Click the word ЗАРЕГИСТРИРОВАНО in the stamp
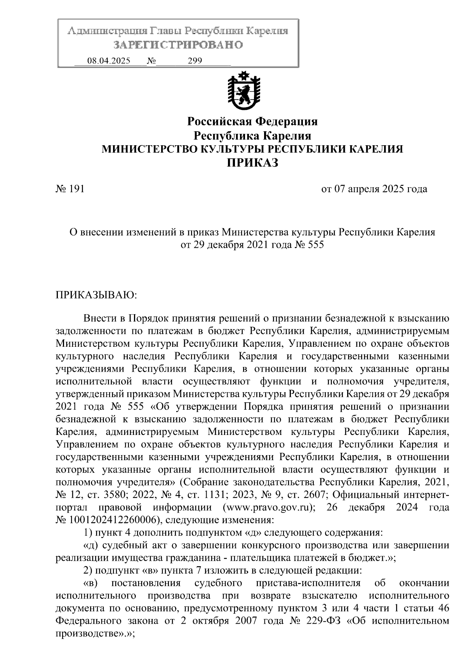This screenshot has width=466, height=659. (178, 45)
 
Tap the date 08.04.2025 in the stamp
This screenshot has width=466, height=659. (109, 61)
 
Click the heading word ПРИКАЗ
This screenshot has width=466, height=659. (252, 163)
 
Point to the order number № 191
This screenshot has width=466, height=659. (70, 189)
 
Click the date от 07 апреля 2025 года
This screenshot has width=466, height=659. (374, 189)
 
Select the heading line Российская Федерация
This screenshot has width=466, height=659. (252, 122)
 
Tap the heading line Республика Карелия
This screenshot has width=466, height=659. (252, 136)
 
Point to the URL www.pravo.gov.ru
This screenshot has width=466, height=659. (269, 508)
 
